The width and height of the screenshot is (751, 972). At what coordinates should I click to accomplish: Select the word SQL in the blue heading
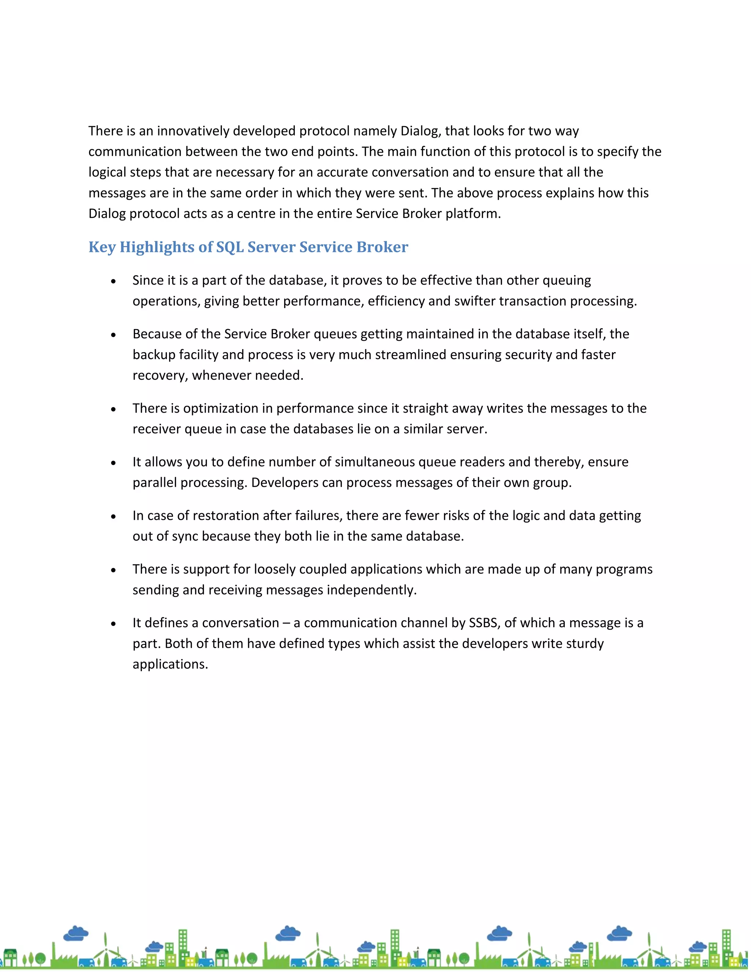[230, 247]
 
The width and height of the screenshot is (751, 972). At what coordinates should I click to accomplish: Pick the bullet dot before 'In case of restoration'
[113, 517]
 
